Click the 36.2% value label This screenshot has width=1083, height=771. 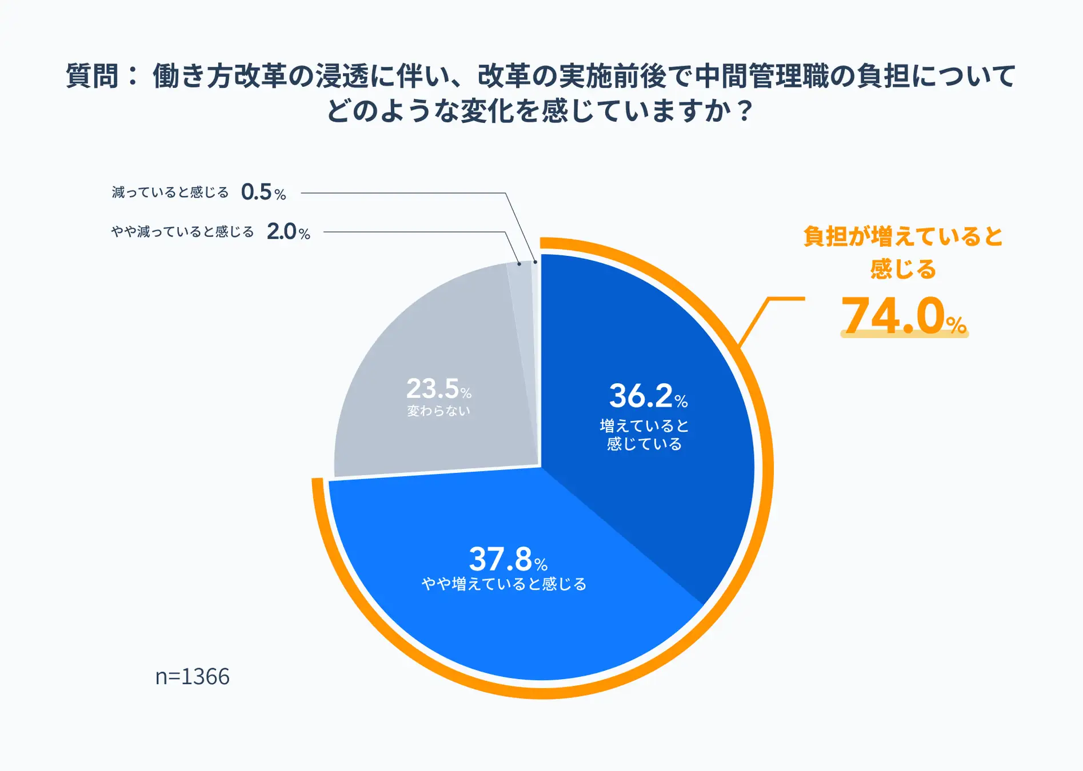coord(648,396)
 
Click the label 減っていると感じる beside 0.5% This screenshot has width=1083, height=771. coord(170,192)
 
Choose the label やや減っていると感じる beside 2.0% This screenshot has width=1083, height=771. coord(182,232)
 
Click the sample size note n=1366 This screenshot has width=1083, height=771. coord(192,676)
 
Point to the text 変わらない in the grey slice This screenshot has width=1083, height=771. coord(438,411)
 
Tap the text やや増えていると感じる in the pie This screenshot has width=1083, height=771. coord(504,584)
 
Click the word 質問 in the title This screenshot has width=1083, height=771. coord(92,76)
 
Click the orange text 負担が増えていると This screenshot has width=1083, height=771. coord(903,236)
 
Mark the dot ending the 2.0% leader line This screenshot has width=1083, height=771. coord(519,263)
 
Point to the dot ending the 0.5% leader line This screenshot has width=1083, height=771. coord(535,262)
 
